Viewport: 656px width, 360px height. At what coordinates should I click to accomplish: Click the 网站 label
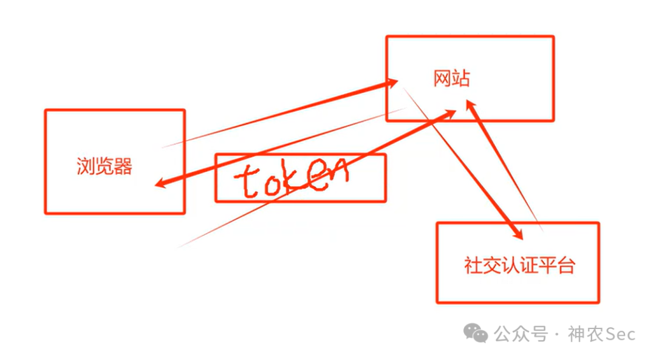tap(451, 78)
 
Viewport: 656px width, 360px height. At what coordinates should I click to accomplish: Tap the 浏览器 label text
tap(104, 166)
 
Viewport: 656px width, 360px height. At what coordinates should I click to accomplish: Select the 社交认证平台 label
tap(519, 266)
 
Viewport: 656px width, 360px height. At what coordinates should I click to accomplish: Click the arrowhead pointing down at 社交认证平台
tap(518, 233)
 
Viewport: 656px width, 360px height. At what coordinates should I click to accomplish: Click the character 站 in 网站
tap(460, 78)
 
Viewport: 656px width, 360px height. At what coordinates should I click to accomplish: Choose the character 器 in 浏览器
tap(123, 166)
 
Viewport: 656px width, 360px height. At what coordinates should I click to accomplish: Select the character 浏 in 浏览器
tap(86, 166)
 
